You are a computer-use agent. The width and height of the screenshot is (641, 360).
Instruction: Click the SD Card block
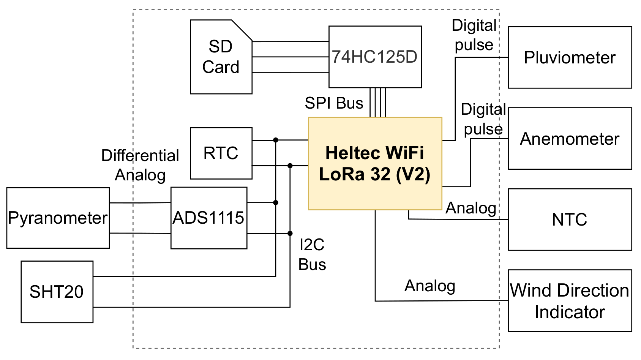221,57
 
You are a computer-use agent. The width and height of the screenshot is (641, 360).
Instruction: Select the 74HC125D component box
375,57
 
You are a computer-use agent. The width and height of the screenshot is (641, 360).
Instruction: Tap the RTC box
221,153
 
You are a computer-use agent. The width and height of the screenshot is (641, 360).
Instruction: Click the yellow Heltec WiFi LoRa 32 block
375,163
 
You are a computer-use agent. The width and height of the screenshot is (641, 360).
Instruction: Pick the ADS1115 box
208,218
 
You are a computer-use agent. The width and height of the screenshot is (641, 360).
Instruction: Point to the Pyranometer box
58,218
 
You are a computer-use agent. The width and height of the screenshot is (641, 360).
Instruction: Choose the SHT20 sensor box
57,292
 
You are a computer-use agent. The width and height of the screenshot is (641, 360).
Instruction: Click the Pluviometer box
570,57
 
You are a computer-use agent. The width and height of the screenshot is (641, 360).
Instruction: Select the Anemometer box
570,138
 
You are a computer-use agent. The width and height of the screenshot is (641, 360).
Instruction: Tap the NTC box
570,219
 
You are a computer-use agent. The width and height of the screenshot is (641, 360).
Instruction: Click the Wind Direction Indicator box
570,300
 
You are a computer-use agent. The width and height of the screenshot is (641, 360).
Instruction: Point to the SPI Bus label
334,103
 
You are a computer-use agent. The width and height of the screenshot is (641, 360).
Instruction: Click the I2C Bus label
312,254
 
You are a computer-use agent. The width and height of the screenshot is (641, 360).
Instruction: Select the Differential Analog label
140,165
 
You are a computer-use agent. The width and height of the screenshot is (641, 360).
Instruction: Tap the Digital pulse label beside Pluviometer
474,35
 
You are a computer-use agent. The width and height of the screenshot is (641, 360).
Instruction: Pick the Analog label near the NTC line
471,208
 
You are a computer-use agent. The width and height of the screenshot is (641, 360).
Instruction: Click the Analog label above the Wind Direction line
430,286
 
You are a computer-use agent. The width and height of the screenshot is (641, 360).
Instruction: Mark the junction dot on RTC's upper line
276,140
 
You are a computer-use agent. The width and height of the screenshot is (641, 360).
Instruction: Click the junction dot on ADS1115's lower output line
290,233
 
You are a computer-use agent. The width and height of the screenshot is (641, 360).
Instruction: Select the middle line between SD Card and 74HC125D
290,57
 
